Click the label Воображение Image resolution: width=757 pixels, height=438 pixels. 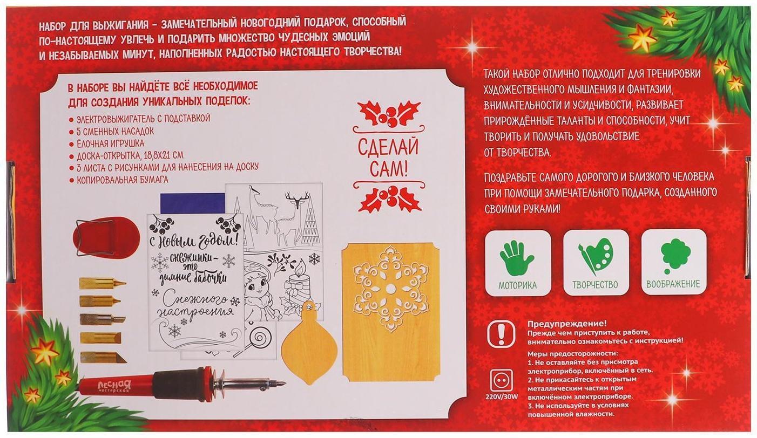tap(673, 284)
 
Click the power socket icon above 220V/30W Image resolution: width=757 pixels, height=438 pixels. tap(501, 381)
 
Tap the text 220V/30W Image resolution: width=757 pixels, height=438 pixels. tap(502, 397)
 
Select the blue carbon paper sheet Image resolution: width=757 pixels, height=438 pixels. tap(193, 203)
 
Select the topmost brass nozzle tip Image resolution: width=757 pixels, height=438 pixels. tap(102, 283)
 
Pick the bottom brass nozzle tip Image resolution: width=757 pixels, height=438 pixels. tap(103, 357)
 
